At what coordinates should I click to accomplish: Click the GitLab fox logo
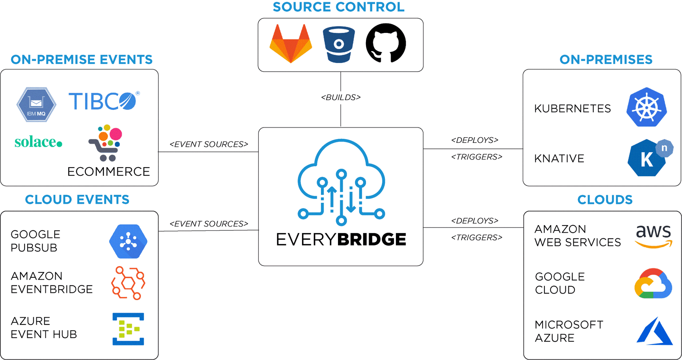click(291, 44)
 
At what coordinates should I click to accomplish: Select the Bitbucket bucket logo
click(339, 44)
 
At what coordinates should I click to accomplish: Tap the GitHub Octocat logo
click(386, 43)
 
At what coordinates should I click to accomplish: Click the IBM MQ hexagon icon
click(36, 105)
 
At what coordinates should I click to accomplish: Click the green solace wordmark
click(38, 142)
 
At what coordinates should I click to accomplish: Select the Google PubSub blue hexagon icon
click(128, 241)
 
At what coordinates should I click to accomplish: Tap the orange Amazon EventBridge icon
click(128, 283)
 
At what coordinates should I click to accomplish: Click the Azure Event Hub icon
click(128, 329)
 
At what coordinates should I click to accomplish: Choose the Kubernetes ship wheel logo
click(646, 108)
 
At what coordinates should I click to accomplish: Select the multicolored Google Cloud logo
click(653, 284)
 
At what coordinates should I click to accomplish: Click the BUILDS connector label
click(341, 97)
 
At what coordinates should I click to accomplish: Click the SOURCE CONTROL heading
click(338, 7)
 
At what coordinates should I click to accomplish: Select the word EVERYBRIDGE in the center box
click(341, 239)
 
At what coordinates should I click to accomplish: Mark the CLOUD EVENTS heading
click(77, 200)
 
